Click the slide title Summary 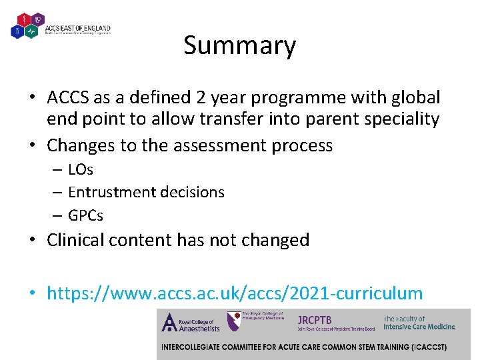[x=239, y=45]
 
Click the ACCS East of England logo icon [x=27, y=25]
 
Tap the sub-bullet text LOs [x=81, y=169]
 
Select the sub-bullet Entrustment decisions [x=146, y=192]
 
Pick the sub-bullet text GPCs [x=85, y=215]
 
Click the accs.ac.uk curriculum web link [x=235, y=293]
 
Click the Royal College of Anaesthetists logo [x=191, y=324]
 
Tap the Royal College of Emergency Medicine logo [x=256, y=321]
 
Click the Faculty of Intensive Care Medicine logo [x=419, y=323]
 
